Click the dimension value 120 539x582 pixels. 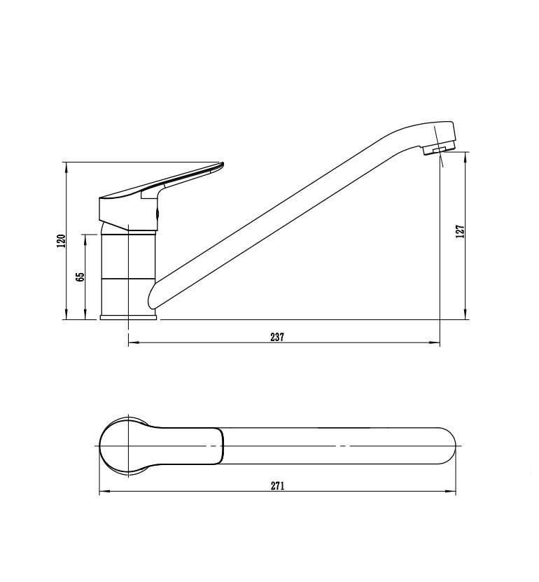coord(61,241)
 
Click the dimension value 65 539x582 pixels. coord(80,277)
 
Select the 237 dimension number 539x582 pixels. coord(277,337)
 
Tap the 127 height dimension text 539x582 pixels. coord(461,231)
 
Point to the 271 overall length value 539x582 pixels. coord(277,486)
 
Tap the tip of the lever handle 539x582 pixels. coord(223,164)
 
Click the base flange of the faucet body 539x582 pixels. coord(128,317)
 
